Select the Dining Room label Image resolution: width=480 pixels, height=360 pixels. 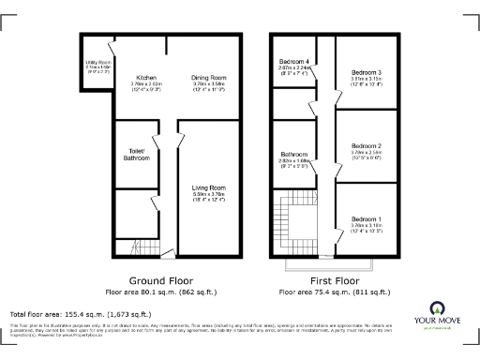pyautogui.click(x=209, y=77)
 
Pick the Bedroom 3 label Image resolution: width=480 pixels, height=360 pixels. pyautogui.click(x=367, y=72)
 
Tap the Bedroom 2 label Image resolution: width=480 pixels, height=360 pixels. pyautogui.click(x=367, y=146)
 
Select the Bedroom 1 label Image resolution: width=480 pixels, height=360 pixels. pyautogui.click(x=367, y=217)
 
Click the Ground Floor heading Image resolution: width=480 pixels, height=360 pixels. pyautogui.click(x=161, y=279)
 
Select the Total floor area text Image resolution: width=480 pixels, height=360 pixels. pyautogui.click(x=80, y=313)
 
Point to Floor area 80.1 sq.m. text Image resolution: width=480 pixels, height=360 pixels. pyautogui.click(x=161, y=292)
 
